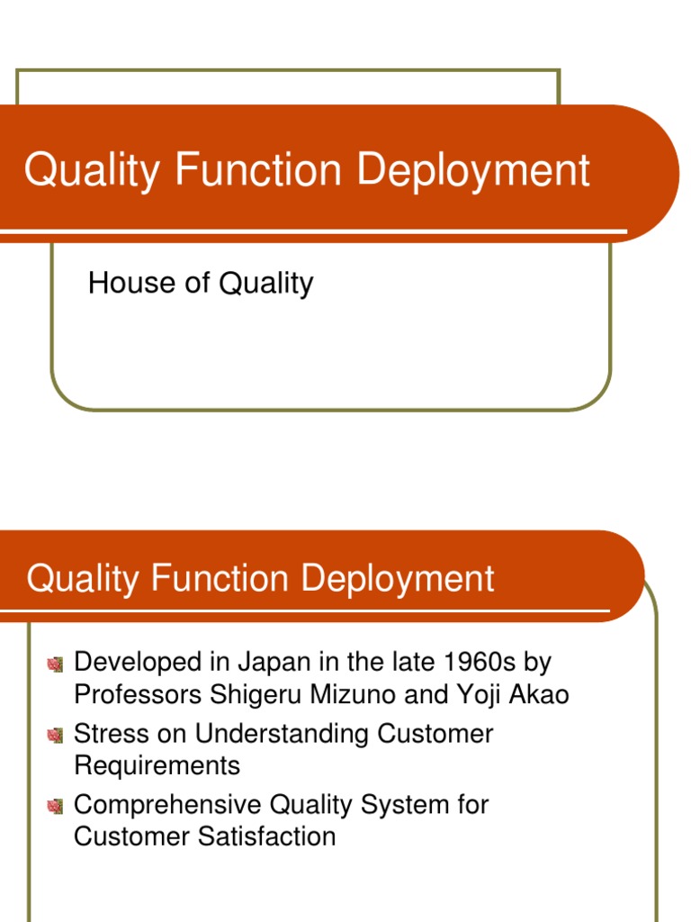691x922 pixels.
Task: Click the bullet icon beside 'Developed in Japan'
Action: pyautogui.click(x=56, y=664)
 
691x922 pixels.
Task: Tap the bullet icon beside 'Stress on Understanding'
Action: pyautogui.click(x=56, y=735)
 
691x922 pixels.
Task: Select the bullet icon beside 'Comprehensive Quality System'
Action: pyautogui.click(x=56, y=805)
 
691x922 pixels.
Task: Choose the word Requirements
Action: pyautogui.click(x=157, y=766)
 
